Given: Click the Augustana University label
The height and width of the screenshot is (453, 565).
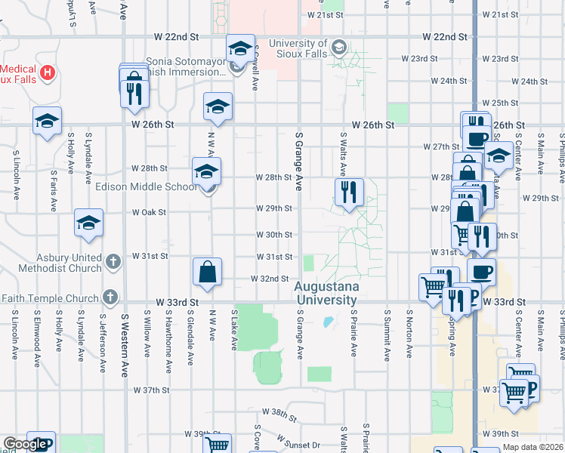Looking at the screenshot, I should click(325, 294).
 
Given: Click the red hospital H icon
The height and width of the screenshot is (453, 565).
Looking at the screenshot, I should click(48, 72).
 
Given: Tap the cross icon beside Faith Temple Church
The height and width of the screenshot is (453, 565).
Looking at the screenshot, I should click(111, 297).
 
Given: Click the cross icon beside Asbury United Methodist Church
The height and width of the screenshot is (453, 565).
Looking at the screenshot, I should click(113, 262).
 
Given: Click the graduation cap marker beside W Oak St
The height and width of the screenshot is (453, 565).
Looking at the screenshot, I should click(88, 223).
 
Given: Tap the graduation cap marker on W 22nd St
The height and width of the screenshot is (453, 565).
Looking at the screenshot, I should click(240, 48).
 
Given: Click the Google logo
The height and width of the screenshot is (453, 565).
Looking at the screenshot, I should click(25, 444).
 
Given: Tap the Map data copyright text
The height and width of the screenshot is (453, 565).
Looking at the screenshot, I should click(533, 447).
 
